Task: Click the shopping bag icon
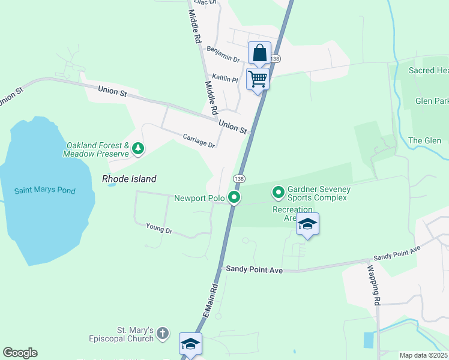pyautogui.click(x=259, y=53)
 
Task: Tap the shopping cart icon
pyautogui.click(x=258, y=79)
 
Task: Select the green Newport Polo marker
pyautogui.click(x=235, y=197)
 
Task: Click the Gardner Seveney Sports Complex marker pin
pyautogui.click(x=279, y=193)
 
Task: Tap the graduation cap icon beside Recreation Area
pyautogui.click(x=307, y=224)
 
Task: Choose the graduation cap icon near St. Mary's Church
pyautogui.click(x=190, y=344)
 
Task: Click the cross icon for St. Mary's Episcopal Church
pyautogui.click(x=166, y=335)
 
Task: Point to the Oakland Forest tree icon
pyautogui.click(x=138, y=148)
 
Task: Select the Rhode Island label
pyautogui.click(x=129, y=179)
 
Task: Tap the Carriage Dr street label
pyautogui.click(x=199, y=141)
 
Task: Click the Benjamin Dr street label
pyautogui.click(x=223, y=55)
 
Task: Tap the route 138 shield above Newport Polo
pyautogui.click(x=239, y=179)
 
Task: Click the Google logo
pyautogui.click(x=20, y=353)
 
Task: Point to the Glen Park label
pyautogui.click(x=432, y=101)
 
